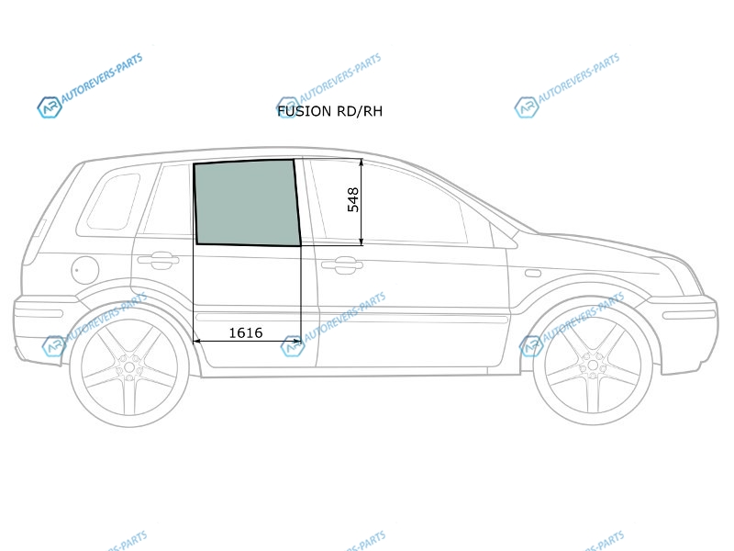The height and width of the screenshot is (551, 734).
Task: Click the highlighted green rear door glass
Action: coord(247,202)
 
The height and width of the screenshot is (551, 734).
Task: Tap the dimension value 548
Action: coord(353,199)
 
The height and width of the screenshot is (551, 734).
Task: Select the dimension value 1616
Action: coord(245,332)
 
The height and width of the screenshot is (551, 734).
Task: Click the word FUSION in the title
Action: coord(304,111)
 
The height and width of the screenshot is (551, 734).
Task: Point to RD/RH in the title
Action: coord(359,111)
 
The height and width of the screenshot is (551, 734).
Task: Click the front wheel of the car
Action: coord(593,365)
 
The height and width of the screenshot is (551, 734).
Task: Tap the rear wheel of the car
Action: coord(129,366)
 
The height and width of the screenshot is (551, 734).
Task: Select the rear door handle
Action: coord(158,261)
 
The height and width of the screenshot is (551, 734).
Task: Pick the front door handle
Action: coord(341,264)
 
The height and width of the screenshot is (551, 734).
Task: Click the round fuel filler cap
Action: coord(85,270)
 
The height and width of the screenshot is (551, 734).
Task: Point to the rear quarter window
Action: coord(114,202)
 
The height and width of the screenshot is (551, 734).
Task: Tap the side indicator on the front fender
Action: coord(533,273)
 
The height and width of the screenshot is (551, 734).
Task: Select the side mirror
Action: coord(504,236)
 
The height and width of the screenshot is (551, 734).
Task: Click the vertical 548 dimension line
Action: coord(361,202)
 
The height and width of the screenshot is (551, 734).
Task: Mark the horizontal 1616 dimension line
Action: coord(247,342)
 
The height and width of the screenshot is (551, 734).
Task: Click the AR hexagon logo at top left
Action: coord(50,107)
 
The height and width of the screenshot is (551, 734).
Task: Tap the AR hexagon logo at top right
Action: coord(527,107)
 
